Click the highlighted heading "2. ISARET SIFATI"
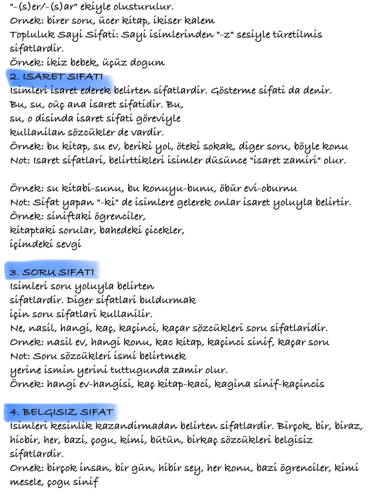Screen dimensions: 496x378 click(56, 77)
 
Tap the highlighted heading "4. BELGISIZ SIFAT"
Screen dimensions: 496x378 click(62, 412)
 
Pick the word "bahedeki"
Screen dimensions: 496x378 click(121, 230)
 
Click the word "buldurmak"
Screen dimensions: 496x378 click(168, 300)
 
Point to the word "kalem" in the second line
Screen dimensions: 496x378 click(199, 21)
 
